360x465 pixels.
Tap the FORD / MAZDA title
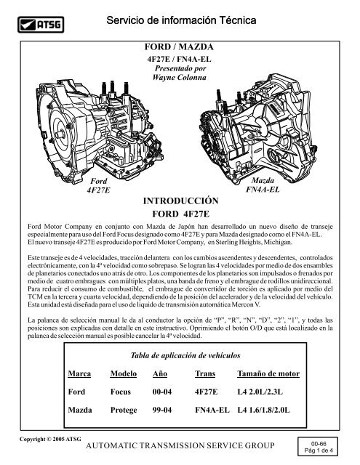pyautogui.click(x=179, y=46)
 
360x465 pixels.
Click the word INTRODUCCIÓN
pyautogui.click(x=179, y=200)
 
